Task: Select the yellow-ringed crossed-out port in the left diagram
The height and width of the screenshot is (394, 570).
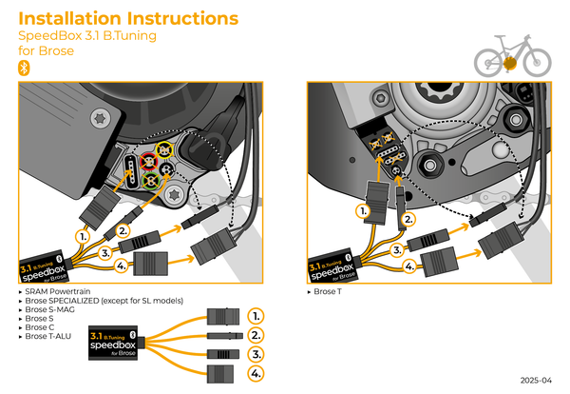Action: (x=164, y=151)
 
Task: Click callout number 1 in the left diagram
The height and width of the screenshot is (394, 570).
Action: (x=84, y=233)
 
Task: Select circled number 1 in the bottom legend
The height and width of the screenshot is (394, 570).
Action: (x=255, y=314)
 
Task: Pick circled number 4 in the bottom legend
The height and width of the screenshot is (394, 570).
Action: (x=255, y=373)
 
